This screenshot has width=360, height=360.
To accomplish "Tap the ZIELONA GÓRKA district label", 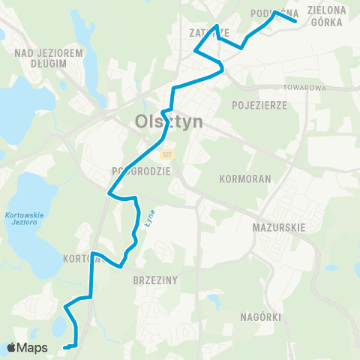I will pos(326,16).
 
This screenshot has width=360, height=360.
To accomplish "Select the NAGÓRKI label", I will pos(261,317).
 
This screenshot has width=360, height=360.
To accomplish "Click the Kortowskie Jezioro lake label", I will pos(25,219).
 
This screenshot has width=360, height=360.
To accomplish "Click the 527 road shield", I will pos(166,154).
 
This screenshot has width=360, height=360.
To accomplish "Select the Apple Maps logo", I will pos(27,348).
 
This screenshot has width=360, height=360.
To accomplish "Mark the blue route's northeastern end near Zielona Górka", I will pos(296,22).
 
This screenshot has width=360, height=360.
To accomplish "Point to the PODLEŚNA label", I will pos(274,13).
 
